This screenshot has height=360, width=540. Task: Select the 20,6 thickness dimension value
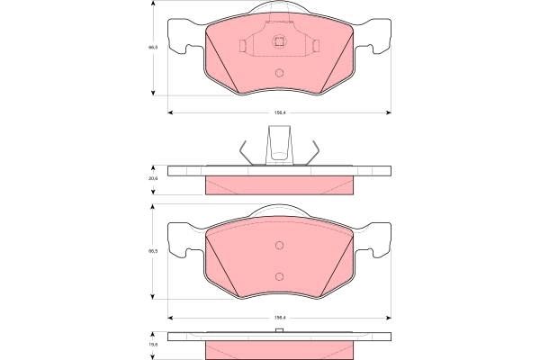pos(153,179)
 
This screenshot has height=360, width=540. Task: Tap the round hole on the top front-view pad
pos(279,73)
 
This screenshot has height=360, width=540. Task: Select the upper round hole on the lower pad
pos(279,245)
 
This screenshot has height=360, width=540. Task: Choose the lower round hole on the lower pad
pos(279,275)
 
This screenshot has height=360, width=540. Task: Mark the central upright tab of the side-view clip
pos(279,144)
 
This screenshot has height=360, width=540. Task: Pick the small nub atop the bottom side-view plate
pos(279,332)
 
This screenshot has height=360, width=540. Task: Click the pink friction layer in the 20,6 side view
pos(279,185)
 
